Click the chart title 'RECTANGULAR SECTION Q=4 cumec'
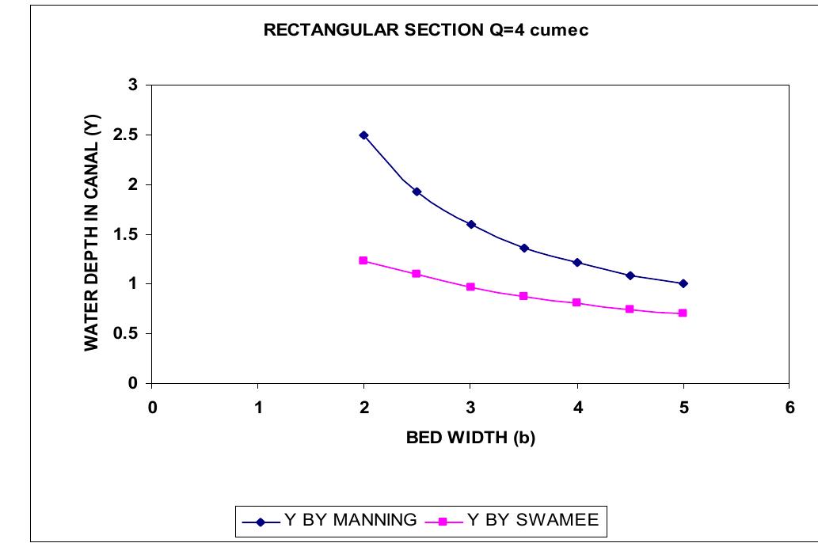pyautogui.click(x=426, y=32)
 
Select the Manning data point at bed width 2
pyautogui.click(x=363, y=135)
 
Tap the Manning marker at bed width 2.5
pyautogui.click(x=417, y=192)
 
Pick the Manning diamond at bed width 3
pyautogui.click(x=470, y=225)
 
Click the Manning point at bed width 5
pyautogui.click(x=683, y=283)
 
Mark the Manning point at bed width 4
pyautogui.click(x=576, y=263)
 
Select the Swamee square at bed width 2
pyautogui.click(x=363, y=260)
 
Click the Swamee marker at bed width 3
pyautogui.click(x=470, y=287)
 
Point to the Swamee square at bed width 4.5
pyautogui.click(x=630, y=309)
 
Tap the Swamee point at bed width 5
pyautogui.click(x=683, y=313)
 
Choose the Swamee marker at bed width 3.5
pyautogui.click(x=523, y=296)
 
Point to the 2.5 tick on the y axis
pyautogui.click(x=127, y=135)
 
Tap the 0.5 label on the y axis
pyautogui.click(x=127, y=334)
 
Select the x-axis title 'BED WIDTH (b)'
pyautogui.click(x=470, y=439)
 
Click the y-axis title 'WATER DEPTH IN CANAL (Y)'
pyautogui.click(x=92, y=234)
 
